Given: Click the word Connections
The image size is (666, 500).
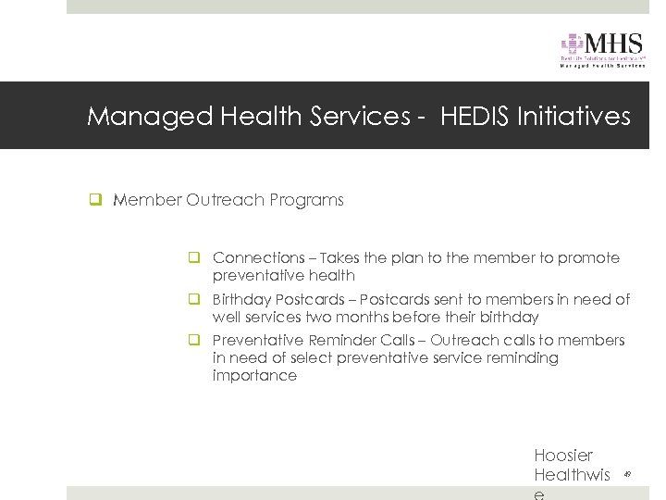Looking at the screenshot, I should point(258,257).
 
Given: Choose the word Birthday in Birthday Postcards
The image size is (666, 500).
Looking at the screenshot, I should point(242,299).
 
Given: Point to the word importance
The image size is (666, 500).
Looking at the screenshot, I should point(254,376).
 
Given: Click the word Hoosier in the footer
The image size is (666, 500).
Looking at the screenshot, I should point(563,456).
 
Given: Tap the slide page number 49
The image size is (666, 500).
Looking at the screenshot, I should point(627,474).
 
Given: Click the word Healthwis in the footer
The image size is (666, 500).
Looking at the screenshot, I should point(572,475).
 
